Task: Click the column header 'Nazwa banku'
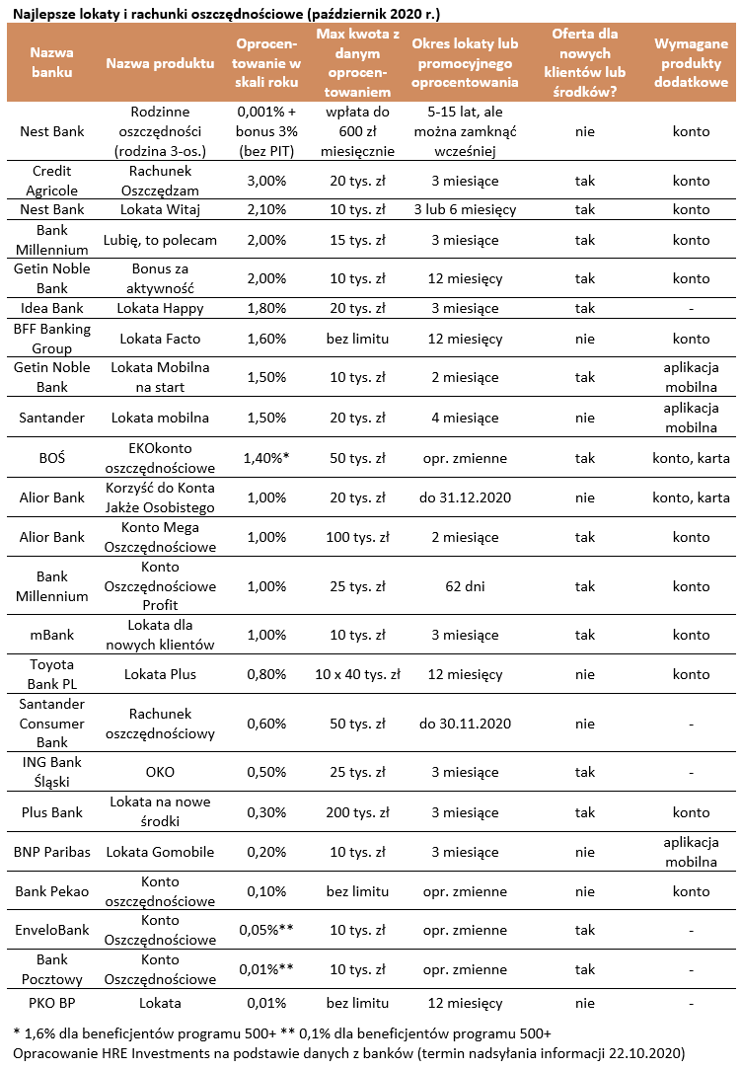click(51, 62)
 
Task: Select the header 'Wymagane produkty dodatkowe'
click(691, 62)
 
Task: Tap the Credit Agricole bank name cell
click(51, 181)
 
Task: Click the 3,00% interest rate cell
click(261, 181)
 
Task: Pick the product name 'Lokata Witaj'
click(160, 209)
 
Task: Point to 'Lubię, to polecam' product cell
click(160, 240)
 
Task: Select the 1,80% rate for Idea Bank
click(261, 308)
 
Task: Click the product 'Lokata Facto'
click(160, 339)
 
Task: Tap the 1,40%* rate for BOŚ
click(263, 457)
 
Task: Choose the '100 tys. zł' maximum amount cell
click(357, 537)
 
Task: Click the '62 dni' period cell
click(465, 586)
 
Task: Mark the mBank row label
click(51, 635)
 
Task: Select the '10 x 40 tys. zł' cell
click(357, 674)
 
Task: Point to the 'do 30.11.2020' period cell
click(465, 724)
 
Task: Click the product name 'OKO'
click(160, 772)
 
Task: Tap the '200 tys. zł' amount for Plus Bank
click(357, 812)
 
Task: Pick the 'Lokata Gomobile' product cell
click(160, 852)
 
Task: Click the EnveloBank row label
click(51, 930)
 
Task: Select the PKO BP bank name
click(51, 1003)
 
